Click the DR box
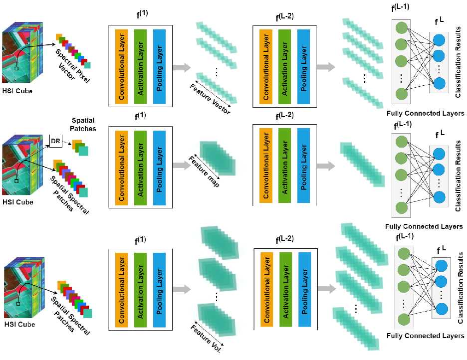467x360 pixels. [x=56, y=141]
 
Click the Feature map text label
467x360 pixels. [x=204, y=172]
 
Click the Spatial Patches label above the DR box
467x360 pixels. [x=83, y=124]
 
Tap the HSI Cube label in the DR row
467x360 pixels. [x=18, y=202]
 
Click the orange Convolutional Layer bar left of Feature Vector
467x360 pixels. [x=122, y=66]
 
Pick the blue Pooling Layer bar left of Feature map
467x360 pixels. [x=159, y=168]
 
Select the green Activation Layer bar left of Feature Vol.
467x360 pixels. [x=141, y=290]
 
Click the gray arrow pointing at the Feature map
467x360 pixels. [x=182, y=166]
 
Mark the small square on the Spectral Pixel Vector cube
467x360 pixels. [x=16, y=68]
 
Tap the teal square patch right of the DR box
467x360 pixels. [x=83, y=151]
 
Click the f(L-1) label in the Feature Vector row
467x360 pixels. [x=400, y=8]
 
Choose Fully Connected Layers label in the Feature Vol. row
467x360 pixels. [x=425, y=336]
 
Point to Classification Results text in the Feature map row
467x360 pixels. [x=458, y=176]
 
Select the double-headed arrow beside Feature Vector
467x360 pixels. [x=213, y=94]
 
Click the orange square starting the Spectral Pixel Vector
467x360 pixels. [x=59, y=37]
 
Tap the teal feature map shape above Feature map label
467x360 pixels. [x=218, y=159]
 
